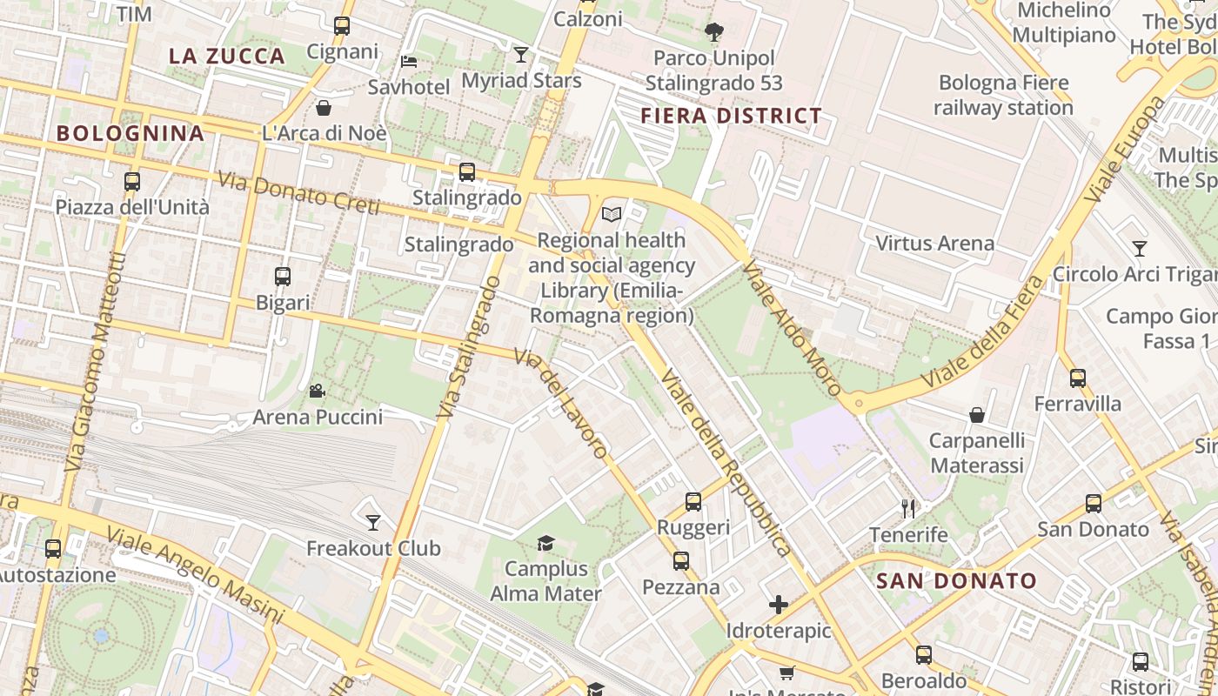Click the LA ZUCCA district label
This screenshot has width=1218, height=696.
[x=227, y=57]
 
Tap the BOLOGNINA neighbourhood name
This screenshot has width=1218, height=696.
[x=130, y=133]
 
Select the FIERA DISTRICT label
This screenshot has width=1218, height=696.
[x=732, y=116]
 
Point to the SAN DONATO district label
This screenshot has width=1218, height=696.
[x=956, y=581]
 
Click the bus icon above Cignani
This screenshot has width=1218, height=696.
[x=342, y=26]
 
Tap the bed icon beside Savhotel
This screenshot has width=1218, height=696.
[x=409, y=61]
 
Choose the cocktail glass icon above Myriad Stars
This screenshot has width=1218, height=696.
[x=521, y=55]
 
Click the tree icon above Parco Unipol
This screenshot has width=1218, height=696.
[x=714, y=33]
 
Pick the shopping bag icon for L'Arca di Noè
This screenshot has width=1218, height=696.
[x=324, y=108]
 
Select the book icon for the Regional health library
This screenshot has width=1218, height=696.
[x=612, y=214]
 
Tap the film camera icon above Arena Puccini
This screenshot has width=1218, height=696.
[x=318, y=391]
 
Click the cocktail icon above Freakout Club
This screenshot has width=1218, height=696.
[x=373, y=523]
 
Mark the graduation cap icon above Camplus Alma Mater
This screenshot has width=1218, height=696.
[x=545, y=544]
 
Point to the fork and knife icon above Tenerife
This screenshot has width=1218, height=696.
[x=909, y=509]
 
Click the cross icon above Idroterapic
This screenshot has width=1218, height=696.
[x=779, y=605]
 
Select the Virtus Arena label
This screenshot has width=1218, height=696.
[x=935, y=243]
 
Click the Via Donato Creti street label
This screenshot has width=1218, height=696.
[x=298, y=194]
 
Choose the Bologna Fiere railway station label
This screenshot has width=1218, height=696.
[x=1003, y=96]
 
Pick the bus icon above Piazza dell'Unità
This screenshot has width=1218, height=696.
[x=132, y=182]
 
